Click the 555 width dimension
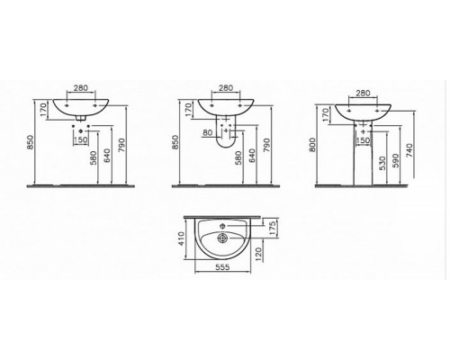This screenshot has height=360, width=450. point(222,266)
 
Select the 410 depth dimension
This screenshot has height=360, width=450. point(181,238)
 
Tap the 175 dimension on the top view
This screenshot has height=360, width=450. point(273,229)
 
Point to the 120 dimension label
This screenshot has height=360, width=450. point(259,254)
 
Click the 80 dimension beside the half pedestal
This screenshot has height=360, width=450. point(208,132)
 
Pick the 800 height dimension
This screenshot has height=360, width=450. point(312,145)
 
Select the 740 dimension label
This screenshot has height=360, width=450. point(410,150)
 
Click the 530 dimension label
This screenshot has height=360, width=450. point(382,163)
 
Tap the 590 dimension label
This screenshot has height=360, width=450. point(396,161)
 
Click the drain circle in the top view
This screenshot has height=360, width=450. point(222,238)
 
